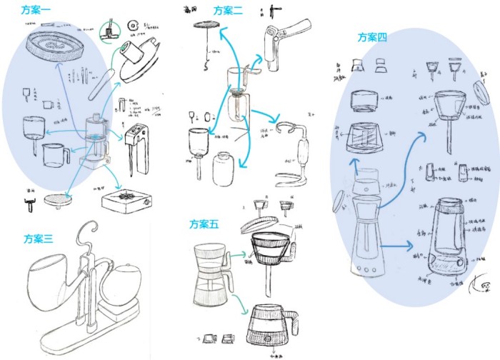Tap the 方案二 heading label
tap(229, 10)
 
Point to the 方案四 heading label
tap(372, 38)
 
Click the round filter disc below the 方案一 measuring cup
tap(56, 199)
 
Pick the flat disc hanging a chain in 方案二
tap(206, 26)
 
